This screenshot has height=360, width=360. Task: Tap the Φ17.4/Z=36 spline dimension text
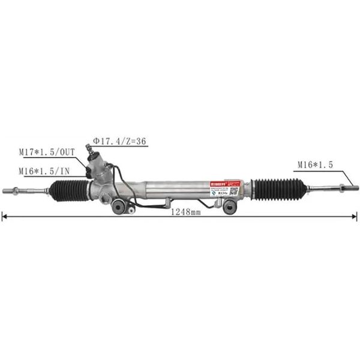tap(119, 142)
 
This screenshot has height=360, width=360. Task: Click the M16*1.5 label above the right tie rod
tap(316, 164)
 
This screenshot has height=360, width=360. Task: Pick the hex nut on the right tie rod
tap(341, 186)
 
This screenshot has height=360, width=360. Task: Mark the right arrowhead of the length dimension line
tap(355, 217)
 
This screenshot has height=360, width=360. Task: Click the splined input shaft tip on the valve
tap(94, 149)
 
